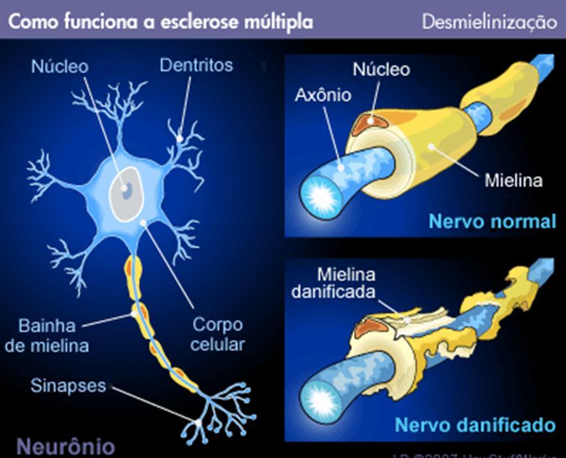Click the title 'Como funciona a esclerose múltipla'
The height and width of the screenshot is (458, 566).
pos(160,21)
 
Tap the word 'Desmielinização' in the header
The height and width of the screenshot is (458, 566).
pos(489,22)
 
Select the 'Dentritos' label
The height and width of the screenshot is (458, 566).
pos(196,65)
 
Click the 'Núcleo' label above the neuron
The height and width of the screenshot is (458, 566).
pos(59,67)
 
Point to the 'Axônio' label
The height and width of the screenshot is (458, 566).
pos(323,95)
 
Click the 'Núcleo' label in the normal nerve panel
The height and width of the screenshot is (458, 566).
pos(381,69)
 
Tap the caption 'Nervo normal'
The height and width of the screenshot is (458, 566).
pos(492,221)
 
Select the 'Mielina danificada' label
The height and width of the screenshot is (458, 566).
pos(333,282)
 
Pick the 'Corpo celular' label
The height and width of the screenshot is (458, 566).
pos(218,334)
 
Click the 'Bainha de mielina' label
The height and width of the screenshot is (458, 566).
pos(47,335)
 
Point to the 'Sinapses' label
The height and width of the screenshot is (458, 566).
pos(68,385)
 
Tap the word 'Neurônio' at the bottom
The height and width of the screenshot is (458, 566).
pos(65,446)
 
